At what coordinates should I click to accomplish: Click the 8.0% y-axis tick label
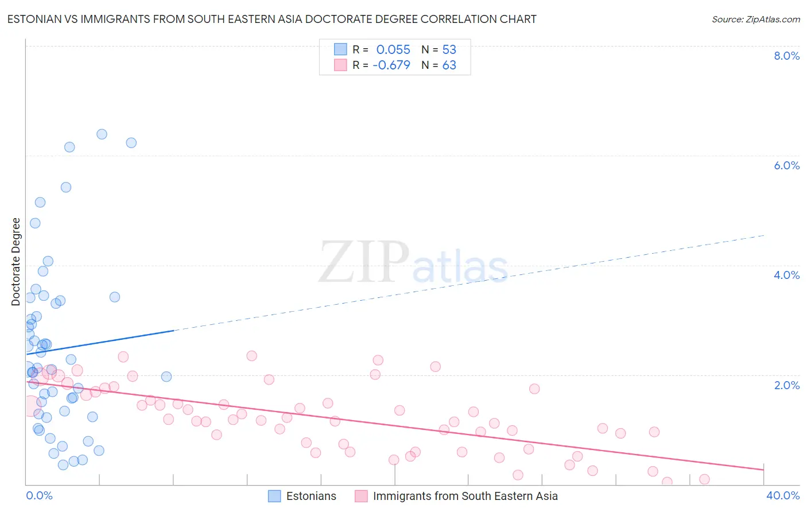click(786, 56)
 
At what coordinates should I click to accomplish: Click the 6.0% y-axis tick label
click(786, 165)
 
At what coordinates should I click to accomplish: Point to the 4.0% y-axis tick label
click(786, 275)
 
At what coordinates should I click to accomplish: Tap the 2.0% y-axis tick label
click(786, 385)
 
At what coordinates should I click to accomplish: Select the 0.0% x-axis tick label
click(39, 495)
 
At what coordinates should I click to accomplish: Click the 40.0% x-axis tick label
click(782, 495)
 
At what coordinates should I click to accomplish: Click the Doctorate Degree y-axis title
click(16, 262)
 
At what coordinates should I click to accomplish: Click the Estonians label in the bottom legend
click(311, 496)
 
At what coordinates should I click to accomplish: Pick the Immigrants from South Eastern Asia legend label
click(465, 496)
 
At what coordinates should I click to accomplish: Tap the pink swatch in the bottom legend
click(361, 496)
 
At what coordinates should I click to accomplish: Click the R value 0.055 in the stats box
click(393, 49)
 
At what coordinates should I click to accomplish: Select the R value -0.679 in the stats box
click(391, 65)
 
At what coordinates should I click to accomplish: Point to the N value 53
click(449, 49)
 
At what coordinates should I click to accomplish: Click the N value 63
click(449, 65)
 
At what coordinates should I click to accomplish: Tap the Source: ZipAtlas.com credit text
click(755, 19)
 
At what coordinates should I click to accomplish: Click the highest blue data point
click(102, 134)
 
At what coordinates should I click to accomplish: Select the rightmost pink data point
click(704, 479)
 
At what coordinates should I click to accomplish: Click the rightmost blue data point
click(166, 377)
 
